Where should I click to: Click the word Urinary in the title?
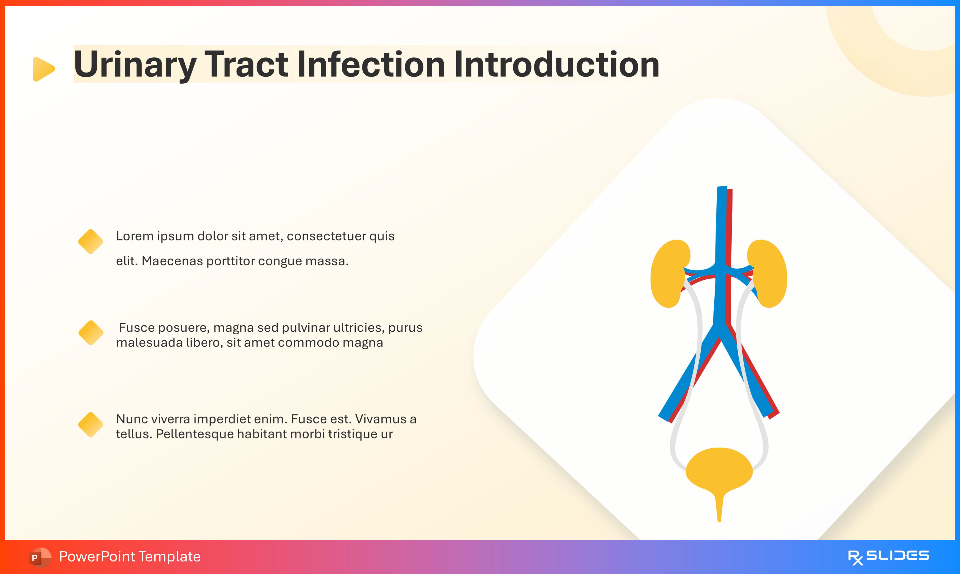[135, 65]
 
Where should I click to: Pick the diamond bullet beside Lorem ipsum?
[91, 242]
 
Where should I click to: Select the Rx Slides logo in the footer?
[888, 557]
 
